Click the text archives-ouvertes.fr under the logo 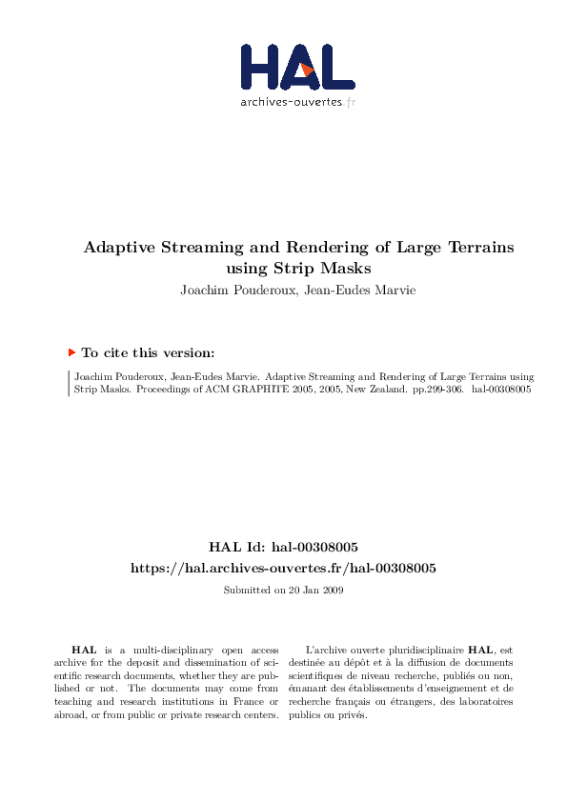coord(297,101)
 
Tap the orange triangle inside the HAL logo coord(305,69)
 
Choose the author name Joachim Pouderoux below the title coord(232,290)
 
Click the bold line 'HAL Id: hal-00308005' coord(283,548)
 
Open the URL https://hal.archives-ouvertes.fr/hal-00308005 coord(283,569)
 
